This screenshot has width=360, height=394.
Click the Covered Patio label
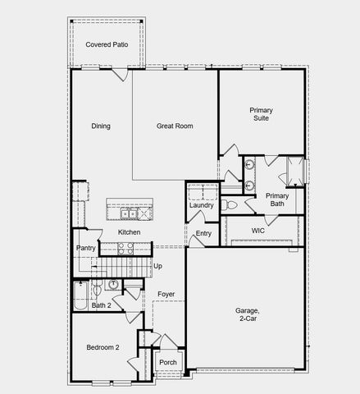coord(107,44)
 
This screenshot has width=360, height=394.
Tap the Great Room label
coord(175,126)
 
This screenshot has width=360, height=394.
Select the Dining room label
coord(101,126)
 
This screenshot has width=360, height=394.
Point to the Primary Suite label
coord(262,115)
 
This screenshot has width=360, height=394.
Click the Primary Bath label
coord(277,199)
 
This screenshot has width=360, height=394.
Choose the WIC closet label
coord(257,231)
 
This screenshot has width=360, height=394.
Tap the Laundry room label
coord(201,205)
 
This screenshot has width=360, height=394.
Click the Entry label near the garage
coord(203,234)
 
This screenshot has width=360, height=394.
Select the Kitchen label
coord(129,232)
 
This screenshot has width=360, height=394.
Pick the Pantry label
coord(85,248)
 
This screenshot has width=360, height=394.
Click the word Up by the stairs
coord(157,266)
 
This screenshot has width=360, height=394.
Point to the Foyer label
coord(166,294)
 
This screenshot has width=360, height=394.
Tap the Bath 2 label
coord(101,306)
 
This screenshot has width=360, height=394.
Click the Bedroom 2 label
coord(103,347)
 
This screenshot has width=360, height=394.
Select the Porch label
coord(167,362)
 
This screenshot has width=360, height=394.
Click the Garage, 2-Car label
coord(248,314)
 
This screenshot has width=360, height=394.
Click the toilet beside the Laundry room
coord(230,204)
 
